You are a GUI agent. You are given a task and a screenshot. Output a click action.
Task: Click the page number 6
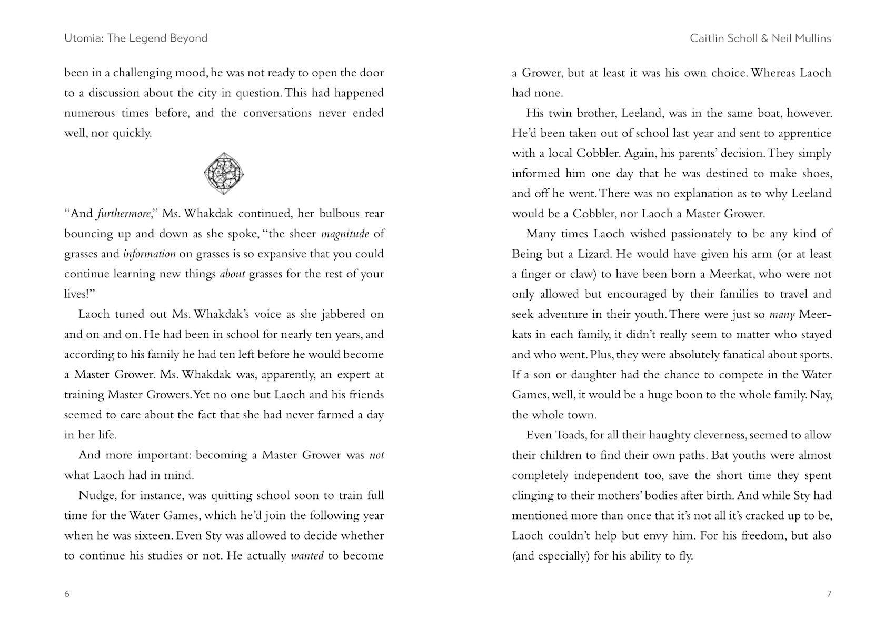[67, 594]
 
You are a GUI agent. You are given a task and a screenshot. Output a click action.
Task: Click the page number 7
[829, 594]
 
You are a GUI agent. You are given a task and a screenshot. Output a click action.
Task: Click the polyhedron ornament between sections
[224, 173]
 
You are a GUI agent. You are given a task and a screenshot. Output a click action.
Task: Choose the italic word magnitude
[345, 234]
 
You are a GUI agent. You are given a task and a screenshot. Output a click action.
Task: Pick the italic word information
[149, 254]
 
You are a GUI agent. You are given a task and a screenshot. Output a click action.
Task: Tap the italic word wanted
[307, 556]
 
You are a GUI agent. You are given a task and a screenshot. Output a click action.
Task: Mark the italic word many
[782, 315]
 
